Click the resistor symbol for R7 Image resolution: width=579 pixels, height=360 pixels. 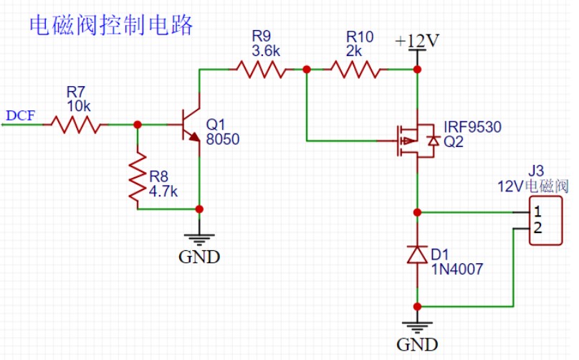tap(75, 125)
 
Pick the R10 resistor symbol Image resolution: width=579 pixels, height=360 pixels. tap(354, 70)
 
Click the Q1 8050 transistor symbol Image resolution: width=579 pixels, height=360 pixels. tap(190, 125)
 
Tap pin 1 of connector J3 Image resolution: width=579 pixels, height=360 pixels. tap(538, 213)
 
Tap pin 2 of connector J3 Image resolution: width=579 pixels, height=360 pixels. tap(538, 229)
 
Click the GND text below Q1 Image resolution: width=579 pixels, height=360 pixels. tap(199, 257)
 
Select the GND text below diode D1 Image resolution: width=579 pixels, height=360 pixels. tap(417, 345)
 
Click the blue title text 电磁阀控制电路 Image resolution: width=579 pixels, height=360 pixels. tap(111, 25)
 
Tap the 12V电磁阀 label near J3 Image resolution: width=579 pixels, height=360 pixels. tap(533, 186)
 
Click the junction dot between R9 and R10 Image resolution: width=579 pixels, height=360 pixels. tap(307, 70)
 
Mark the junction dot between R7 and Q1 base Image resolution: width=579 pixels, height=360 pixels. tap(138, 125)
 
